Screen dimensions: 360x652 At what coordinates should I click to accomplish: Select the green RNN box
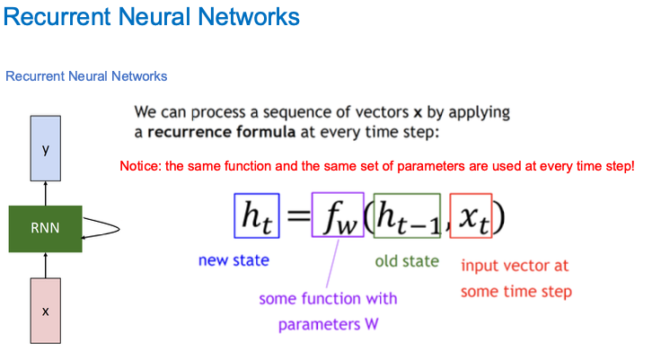(45, 227)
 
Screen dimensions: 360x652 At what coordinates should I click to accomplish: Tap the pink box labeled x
(45, 311)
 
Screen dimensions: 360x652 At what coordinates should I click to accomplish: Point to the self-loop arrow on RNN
(106, 227)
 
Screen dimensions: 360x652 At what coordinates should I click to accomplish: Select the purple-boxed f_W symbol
(338, 215)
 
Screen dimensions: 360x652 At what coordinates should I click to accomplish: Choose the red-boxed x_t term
(471, 217)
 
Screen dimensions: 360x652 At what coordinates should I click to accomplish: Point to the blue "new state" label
(233, 261)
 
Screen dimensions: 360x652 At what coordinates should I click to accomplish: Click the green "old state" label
(406, 261)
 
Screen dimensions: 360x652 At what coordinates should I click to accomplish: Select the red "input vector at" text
(515, 266)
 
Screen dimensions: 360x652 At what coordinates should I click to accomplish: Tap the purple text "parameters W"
(328, 324)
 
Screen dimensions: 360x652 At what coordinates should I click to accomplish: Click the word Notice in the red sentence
(140, 167)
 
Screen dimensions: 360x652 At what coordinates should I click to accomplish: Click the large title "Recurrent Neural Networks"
(152, 16)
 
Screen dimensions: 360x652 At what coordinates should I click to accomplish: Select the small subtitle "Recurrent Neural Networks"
(86, 76)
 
